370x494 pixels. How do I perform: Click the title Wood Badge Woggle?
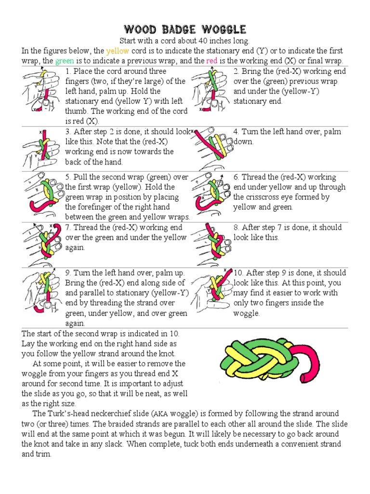pyautogui.click(x=185, y=30)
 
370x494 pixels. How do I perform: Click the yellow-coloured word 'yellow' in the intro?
pyautogui.click(x=117, y=51)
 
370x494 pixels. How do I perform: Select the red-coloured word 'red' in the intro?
pyautogui.click(x=211, y=61)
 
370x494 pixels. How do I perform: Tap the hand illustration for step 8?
pyautogui.click(x=211, y=244)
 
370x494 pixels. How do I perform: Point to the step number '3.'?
pyautogui.click(x=68, y=132)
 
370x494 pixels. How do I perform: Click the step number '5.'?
pyautogui.click(x=68, y=177)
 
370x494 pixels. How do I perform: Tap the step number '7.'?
pyautogui.click(x=68, y=227)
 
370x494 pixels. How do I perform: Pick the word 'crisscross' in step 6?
pyautogui.click(x=251, y=197)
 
